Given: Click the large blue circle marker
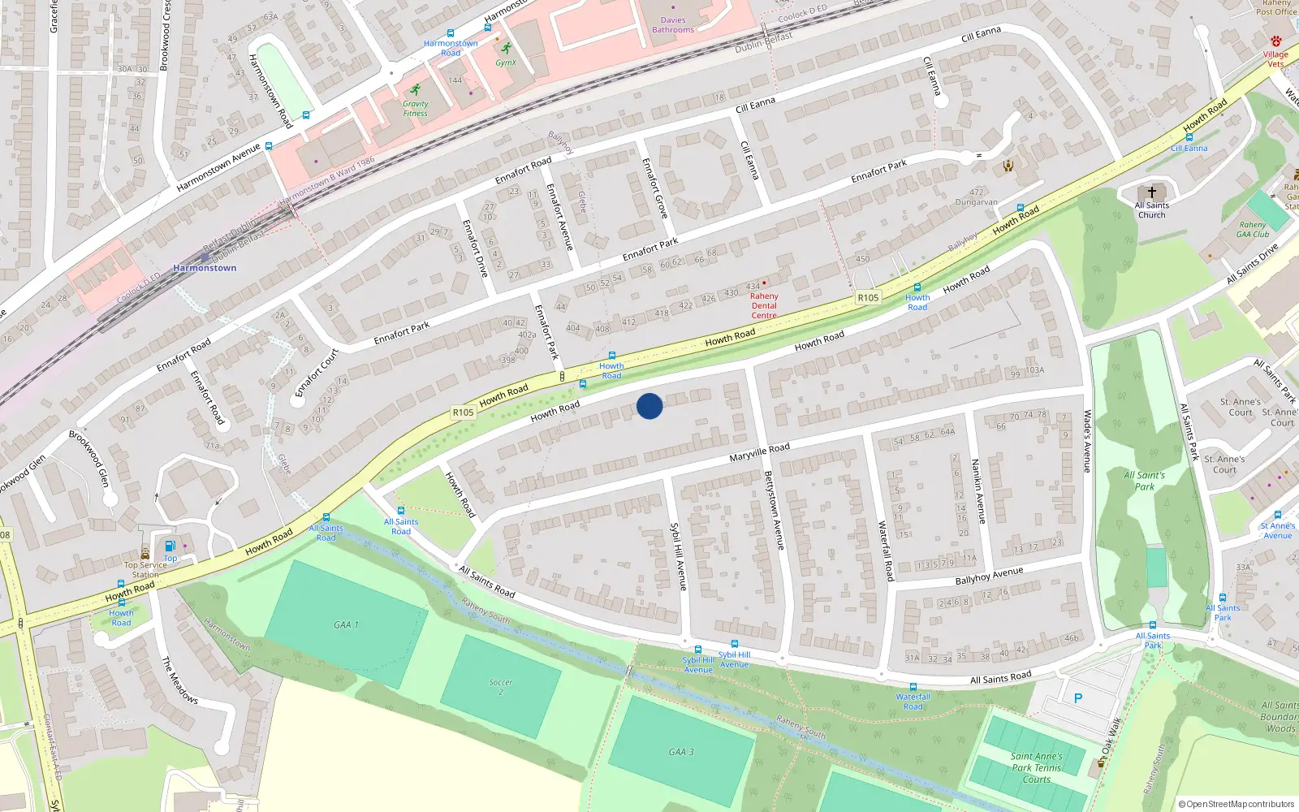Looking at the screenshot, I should tap(649, 406).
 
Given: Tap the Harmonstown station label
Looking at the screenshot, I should tap(205, 268).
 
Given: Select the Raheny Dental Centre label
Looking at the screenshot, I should tap(764, 306).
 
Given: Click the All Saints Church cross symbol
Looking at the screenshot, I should tap(1151, 192).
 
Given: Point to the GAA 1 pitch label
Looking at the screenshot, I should tap(346, 625).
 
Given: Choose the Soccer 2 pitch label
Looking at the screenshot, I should tap(501, 687).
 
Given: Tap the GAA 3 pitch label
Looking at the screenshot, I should tap(681, 752).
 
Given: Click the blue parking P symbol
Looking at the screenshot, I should tap(1078, 698).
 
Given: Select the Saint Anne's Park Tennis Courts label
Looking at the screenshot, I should tap(1036, 767).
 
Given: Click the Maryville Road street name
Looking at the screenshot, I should tap(759, 453).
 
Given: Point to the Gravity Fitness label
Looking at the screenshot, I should tap(415, 109).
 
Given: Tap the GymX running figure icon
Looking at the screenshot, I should tap(507, 49).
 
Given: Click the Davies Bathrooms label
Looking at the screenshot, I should tap(673, 25).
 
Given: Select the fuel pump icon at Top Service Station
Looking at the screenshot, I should tap(170, 546).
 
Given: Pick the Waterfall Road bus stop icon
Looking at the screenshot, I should tap(913, 687).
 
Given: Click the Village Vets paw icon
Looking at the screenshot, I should tap(1276, 41).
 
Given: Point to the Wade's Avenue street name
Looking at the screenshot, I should tap(1088, 441).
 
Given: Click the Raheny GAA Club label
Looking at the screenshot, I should tap(1253, 230).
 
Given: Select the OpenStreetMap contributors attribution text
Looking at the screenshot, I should tap(1240, 804).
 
